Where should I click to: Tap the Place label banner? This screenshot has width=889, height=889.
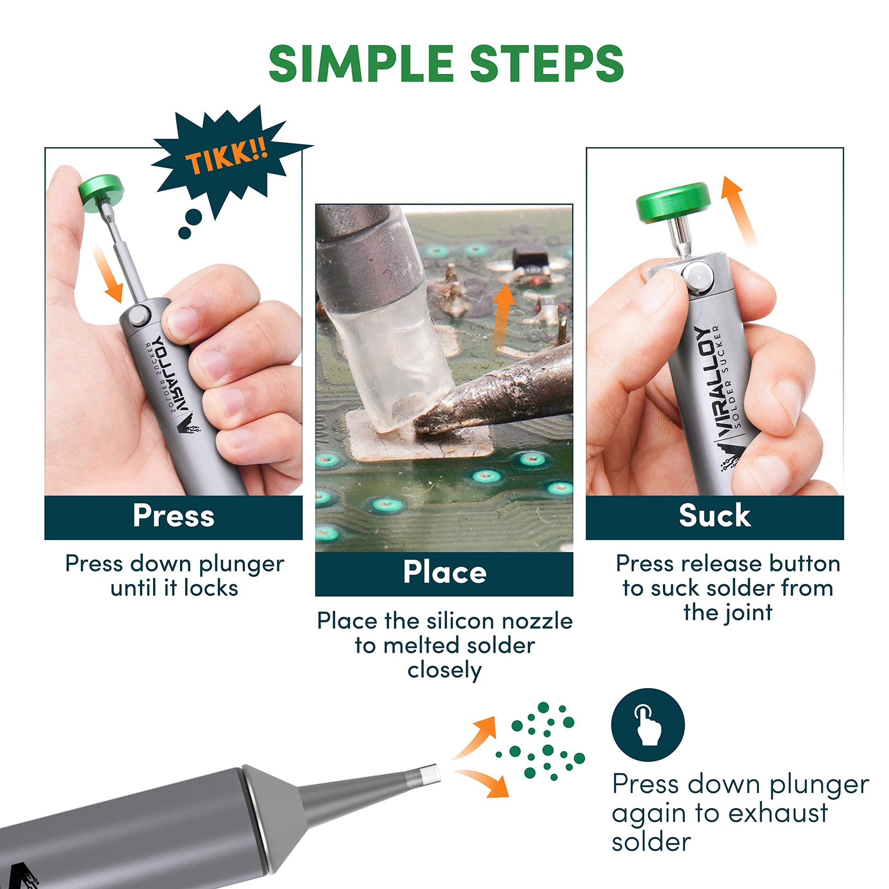pyautogui.click(x=444, y=572)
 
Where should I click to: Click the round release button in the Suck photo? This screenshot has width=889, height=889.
pyautogui.click(x=698, y=278)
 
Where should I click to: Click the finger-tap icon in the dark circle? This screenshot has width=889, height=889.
pyautogui.click(x=648, y=725)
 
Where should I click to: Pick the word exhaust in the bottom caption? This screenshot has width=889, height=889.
pyautogui.click(x=778, y=813)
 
